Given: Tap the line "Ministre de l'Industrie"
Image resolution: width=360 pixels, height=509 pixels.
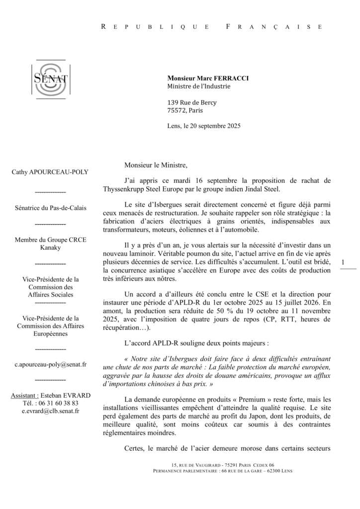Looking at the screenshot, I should click(x=199, y=86).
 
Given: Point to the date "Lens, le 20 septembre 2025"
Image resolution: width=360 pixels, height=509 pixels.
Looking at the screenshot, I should click(x=204, y=126).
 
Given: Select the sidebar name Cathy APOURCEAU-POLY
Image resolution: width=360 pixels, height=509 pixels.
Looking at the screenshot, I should click(x=50, y=172).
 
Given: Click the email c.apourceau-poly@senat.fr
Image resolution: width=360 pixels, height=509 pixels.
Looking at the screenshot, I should click(x=50, y=364).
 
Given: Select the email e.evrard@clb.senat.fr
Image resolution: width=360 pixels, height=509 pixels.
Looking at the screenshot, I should click(x=50, y=411).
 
